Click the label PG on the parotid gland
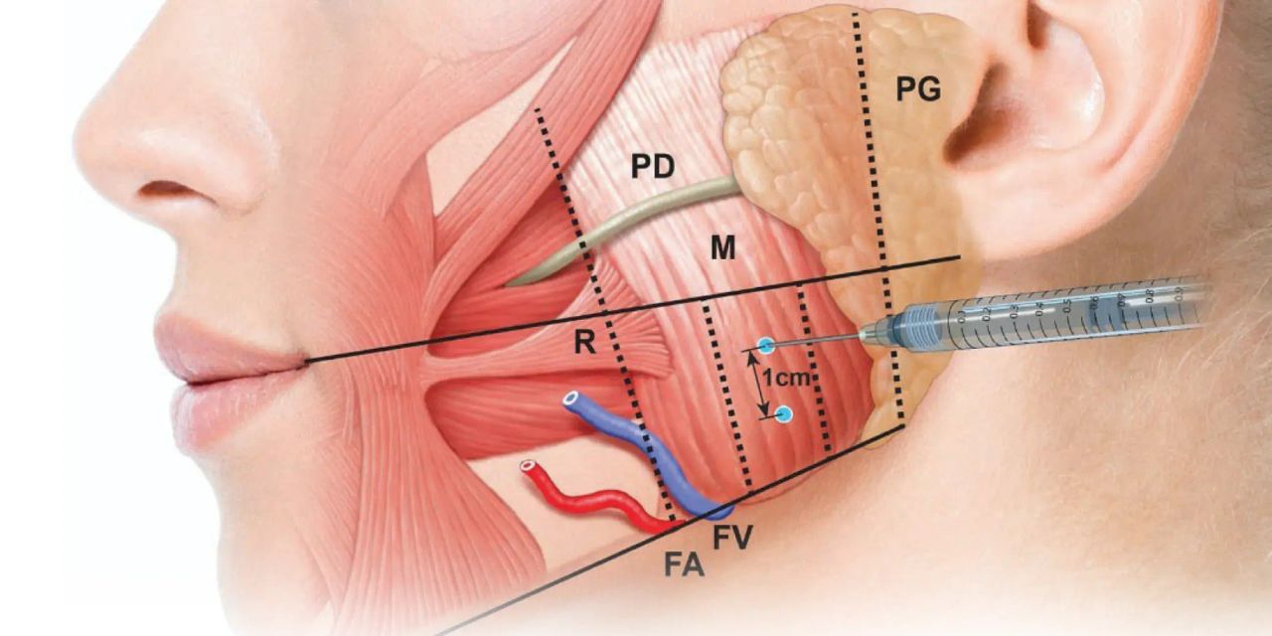(918, 90)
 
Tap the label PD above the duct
(653, 167)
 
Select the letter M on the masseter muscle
(722, 248)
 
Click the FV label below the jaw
(733, 538)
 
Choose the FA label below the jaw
(685, 566)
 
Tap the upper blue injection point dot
(765, 346)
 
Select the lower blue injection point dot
(784, 414)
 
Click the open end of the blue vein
(571, 400)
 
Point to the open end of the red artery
(528, 465)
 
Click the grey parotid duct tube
(636, 214)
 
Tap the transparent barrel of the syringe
(1073, 313)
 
